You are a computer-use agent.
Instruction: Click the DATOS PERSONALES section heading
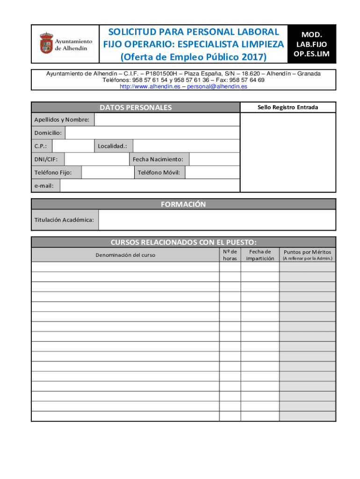[136, 108]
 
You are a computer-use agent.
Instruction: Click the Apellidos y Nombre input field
[167, 120]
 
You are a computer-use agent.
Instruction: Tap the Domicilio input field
[152, 133]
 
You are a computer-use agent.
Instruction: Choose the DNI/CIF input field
[96, 160]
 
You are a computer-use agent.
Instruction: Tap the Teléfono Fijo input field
[108, 173]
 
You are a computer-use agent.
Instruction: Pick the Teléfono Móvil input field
[212, 173]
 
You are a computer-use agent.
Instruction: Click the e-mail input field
[150, 186]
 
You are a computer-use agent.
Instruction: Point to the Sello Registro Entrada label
[288, 108]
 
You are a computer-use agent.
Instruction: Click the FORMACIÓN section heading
[183, 204]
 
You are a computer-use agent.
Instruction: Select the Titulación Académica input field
[217, 220]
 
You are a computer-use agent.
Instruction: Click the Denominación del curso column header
[125, 255]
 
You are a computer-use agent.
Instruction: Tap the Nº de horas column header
[230, 255]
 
